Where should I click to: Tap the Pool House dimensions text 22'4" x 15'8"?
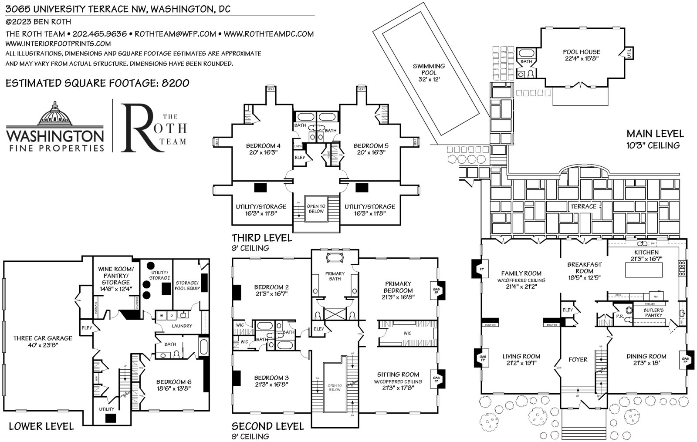(581, 59)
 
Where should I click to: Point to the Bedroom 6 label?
(174, 382)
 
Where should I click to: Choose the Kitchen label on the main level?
(646, 253)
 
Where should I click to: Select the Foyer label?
(578, 360)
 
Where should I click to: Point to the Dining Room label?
(646, 356)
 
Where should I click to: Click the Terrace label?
(583, 206)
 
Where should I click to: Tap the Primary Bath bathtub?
(335, 258)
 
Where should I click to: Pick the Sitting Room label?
(398, 374)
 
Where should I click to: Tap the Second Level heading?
(267, 426)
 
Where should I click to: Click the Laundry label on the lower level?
(182, 326)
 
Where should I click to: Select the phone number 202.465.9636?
(100, 34)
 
